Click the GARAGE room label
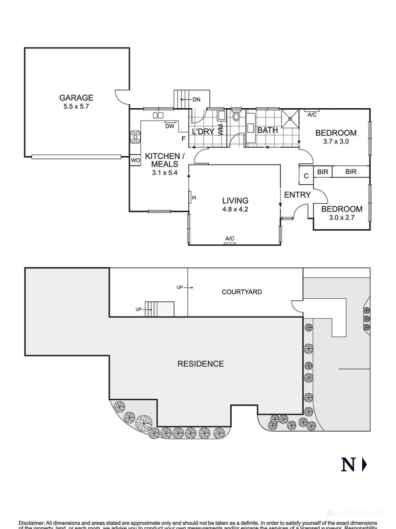point(76,98)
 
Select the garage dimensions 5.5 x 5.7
point(76,106)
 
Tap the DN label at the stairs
point(196,100)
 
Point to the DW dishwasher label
point(170,126)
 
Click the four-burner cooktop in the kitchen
point(135,137)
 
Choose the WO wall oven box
point(135,160)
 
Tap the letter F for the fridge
point(183,139)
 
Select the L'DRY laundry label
point(201,131)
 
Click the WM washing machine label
point(220,130)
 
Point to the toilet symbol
point(237,117)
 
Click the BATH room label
point(267,130)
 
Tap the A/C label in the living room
point(229,239)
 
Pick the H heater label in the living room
point(194,197)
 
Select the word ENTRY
point(297,195)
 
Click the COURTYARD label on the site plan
point(242,292)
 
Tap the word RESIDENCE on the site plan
point(200,364)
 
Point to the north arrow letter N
point(348,464)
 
